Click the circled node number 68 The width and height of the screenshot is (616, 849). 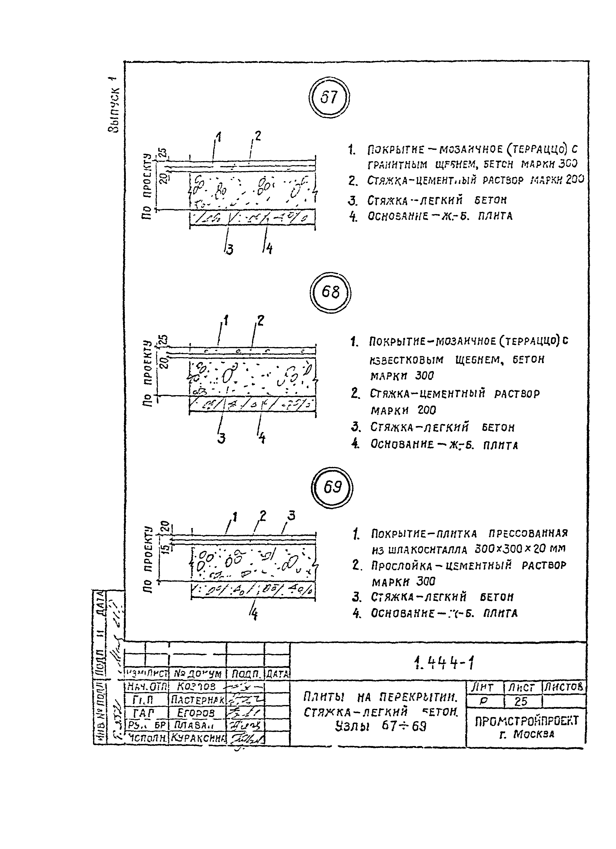(330, 292)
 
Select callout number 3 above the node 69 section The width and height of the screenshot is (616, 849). (291, 516)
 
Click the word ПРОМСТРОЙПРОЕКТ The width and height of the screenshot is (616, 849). (526, 721)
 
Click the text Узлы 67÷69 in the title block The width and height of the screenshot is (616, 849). (381, 727)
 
